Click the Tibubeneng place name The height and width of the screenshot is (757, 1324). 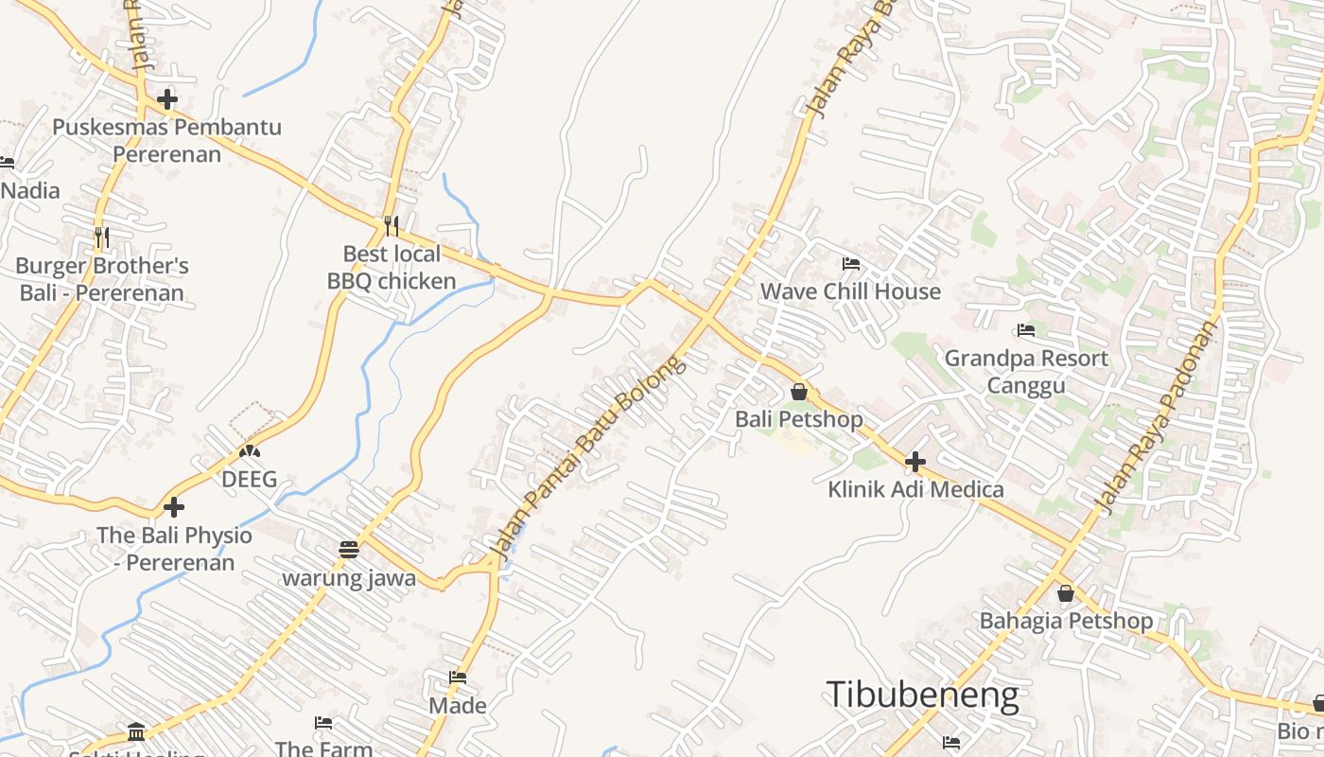pos(922,695)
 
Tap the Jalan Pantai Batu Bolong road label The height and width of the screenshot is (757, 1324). pos(588,456)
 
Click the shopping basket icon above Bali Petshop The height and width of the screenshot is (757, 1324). pos(799,391)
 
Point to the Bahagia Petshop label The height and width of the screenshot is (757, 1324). pos(1066,621)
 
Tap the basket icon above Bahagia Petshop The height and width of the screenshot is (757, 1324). pos(1066,593)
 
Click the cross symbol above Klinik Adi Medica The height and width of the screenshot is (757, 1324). pos(915,462)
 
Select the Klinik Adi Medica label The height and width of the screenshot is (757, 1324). pos(915,489)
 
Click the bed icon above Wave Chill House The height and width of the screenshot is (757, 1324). pos(851,264)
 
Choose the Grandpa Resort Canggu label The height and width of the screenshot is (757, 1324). pos(1026,372)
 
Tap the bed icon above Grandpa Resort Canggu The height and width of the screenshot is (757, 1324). pos(1026,330)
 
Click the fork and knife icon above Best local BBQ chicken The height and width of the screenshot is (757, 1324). pos(392,226)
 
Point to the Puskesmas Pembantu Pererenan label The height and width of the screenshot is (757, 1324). pos(166,140)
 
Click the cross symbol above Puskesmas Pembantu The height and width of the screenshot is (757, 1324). pos(167,98)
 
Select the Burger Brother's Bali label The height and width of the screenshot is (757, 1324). pos(102,278)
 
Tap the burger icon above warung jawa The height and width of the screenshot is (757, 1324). pos(349,550)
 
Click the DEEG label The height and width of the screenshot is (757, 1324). pos(249,479)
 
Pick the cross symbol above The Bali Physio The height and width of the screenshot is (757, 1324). pos(174,506)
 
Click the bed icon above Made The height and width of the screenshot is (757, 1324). pos(458,678)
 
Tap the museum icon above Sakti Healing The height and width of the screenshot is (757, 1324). pos(136,731)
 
